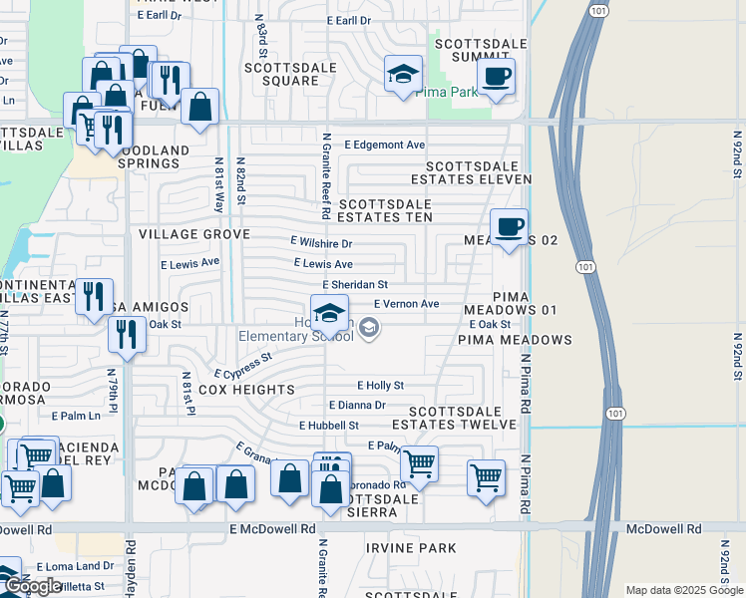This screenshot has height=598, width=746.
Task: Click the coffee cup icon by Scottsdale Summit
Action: coord(496,76)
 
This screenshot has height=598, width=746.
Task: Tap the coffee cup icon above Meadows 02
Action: coord(509,227)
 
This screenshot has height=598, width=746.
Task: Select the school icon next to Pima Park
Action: coord(404,74)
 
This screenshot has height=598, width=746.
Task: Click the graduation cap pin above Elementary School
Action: coord(330,313)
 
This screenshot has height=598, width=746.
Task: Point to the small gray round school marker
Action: coord(369,328)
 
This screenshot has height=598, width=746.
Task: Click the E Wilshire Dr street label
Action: coord(321,242)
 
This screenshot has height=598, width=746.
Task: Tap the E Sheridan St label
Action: coord(354,284)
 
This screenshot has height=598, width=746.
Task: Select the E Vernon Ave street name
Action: coord(406,304)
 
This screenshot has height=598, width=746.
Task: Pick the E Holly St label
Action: coord(380,385)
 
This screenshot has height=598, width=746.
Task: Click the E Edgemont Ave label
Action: coord(384,145)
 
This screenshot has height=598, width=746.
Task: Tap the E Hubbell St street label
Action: coord(328,425)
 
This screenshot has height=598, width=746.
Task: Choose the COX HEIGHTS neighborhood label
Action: coord(246,390)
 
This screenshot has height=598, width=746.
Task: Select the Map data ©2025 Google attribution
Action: coord(683,590)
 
